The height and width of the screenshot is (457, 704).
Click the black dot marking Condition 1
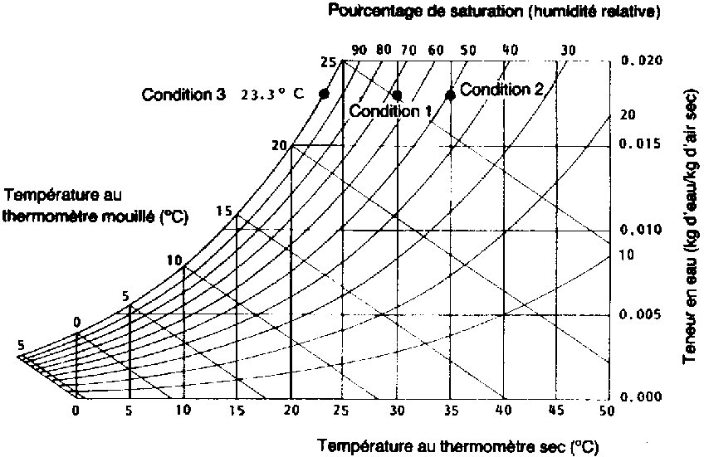point(397,95)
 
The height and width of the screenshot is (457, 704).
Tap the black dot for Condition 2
point(450,95)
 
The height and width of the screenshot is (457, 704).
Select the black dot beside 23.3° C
point(324,95)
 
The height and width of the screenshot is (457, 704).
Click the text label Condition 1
point(384,110)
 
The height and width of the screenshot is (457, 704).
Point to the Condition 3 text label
point(183,94)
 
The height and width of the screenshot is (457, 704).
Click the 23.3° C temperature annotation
point(272,95)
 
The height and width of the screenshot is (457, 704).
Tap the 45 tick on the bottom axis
point(557,410)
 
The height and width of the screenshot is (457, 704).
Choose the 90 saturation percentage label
point(359,50)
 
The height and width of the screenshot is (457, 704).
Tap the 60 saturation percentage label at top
point(436,50)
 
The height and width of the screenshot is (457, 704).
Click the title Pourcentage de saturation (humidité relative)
point(482,11)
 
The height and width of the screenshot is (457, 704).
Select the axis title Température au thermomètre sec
point(457,446)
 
